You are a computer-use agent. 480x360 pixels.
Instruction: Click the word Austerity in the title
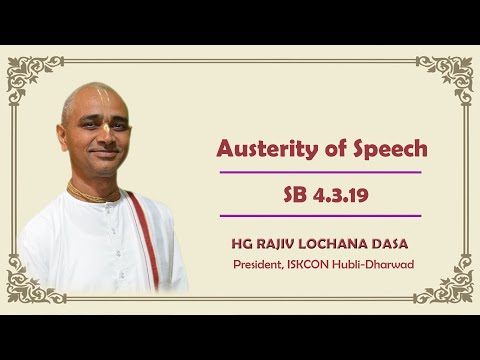pos(263,149)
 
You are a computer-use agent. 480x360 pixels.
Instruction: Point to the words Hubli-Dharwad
pos(383,264)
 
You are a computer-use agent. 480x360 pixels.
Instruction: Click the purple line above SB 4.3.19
pos(320,172)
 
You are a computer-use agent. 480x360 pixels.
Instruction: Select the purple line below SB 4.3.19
pos(320,215)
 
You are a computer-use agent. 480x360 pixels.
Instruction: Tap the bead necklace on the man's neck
pos(95,192)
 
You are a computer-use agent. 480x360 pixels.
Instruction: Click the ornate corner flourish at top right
pos(445,74)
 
